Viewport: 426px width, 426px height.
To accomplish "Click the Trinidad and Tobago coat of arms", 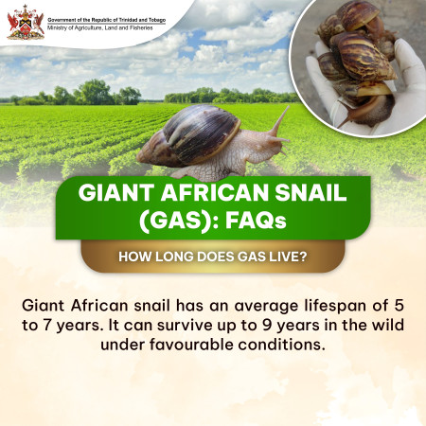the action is click(x=26, y=22).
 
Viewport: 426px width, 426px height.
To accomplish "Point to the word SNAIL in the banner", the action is click(x=311, y=192).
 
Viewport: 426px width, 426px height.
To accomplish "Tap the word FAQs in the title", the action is click(x=256, y=221).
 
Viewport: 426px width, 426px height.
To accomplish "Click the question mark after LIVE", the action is click(x=303, y=257).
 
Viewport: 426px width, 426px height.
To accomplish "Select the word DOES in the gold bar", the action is click(x=216, y=257).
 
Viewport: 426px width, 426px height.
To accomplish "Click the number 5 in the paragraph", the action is click(x=399, y=306).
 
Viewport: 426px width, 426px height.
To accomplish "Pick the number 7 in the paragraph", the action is click(x=47, y=325).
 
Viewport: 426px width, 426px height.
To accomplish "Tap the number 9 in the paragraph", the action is click(x=267, y=325).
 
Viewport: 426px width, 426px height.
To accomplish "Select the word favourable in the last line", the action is click(x=191, y=345).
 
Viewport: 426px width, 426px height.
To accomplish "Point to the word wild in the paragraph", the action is click(x=388, y=325).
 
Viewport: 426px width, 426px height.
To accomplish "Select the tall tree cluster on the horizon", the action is click(x=95, y=92).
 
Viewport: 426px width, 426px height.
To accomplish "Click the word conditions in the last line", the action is click(x=281, y=345).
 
